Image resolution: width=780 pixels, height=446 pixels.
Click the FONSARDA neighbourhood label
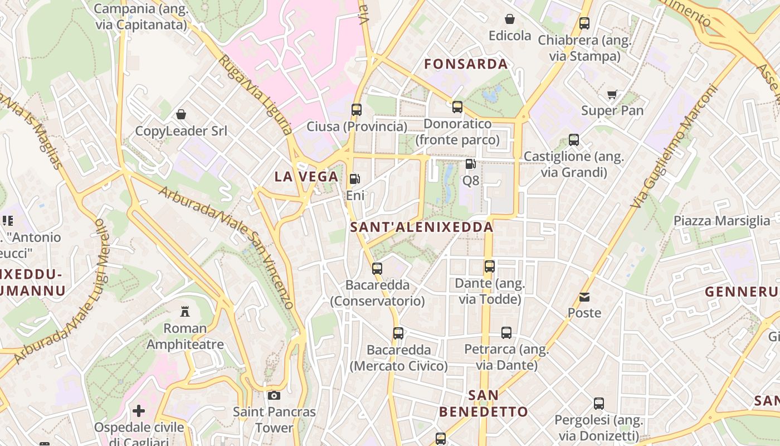(x=466, y=64)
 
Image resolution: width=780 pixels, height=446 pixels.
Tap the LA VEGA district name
(x=306, y=177)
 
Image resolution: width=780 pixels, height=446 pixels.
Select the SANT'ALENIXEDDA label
(x=422, y=227)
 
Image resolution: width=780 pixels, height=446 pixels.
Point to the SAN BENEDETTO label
(x=483, y=404)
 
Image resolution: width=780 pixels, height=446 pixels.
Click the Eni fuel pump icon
(x=354, y=179)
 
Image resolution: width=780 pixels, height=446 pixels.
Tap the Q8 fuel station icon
(x=470, y=164)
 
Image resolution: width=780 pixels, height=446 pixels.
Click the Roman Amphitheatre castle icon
(x=185, y=311)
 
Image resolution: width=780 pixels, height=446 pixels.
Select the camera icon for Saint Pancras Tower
(x=274, y=395)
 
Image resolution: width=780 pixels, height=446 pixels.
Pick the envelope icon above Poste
(x=584, y=297)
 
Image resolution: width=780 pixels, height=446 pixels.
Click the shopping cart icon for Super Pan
(x=612, y=94)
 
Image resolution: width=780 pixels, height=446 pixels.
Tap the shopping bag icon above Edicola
(x=509, y=19)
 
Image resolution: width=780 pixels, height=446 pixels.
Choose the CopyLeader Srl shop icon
(x=181, y=114)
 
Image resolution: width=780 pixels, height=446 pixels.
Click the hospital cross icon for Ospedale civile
(x=139, y=411)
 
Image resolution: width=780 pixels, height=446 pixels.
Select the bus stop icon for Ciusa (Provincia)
(x=357, y=109)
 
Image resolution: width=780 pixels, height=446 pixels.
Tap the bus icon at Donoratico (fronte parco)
(x=457, y=106)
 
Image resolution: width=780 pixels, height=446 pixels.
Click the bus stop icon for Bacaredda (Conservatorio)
(x=377, y=268)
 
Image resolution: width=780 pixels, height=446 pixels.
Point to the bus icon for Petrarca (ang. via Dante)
(x=506, y=333)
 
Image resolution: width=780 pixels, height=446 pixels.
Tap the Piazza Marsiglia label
(x=721, y=221)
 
